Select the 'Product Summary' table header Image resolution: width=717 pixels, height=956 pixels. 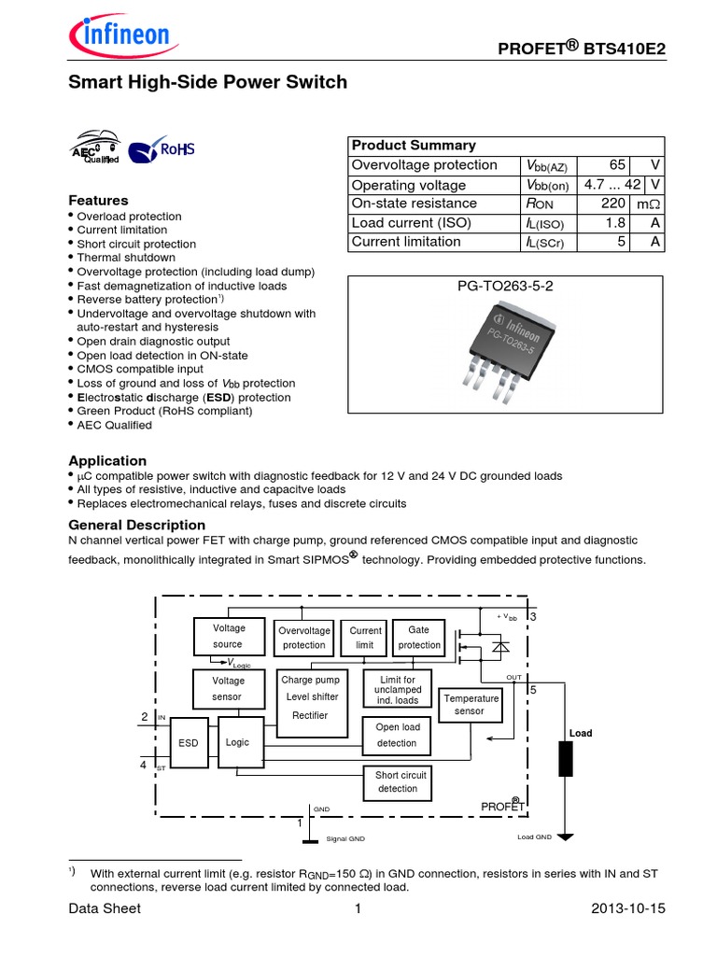point(413,146)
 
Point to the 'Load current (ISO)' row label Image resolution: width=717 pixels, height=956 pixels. point(411,222)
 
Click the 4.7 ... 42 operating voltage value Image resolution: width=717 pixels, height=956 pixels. point(614,185)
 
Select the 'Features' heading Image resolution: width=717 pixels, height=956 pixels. point(98,201)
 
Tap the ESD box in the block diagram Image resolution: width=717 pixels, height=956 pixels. point(189,743)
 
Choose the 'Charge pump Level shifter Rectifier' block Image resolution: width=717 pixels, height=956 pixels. point(312,698)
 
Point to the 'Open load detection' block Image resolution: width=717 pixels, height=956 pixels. point(398,736)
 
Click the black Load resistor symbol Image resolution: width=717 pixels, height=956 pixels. point(566,759)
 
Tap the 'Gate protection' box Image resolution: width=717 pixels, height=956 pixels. point(419,638)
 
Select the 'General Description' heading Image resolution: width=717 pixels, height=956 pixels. point(137,525)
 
